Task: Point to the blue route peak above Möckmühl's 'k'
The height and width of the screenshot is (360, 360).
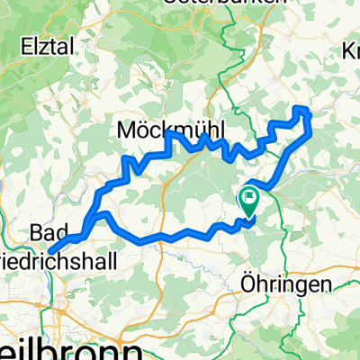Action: (x=168, y=135)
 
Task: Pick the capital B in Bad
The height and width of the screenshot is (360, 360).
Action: (x=33, y=234)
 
